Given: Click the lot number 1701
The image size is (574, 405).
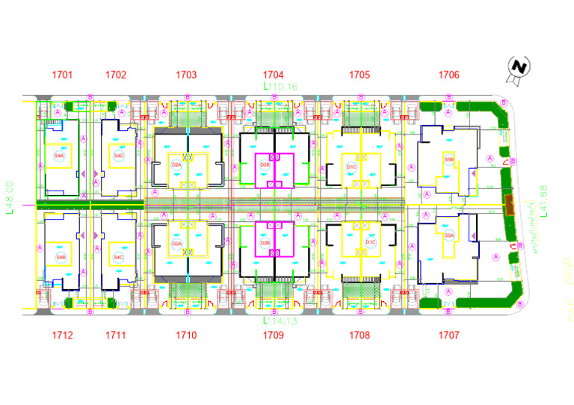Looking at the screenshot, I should click(63, 75).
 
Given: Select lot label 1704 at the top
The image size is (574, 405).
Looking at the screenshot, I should click(274, 75).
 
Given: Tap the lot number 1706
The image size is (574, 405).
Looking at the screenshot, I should click(449, 75).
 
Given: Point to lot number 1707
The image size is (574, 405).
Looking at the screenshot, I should click(449, 336).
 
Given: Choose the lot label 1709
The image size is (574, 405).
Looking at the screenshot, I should click(274, 336).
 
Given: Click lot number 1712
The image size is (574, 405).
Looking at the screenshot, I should click(63, 336).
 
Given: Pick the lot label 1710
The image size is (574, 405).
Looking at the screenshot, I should click(186, 336).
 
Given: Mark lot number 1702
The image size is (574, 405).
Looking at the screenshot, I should click(116, 75).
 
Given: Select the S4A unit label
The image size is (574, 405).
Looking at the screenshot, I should click(61, 155).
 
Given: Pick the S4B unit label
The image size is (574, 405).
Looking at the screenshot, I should click(61, 256).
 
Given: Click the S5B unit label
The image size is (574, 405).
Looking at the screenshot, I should click(449, 159).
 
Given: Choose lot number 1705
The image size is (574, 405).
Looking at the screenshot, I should click(359, 75).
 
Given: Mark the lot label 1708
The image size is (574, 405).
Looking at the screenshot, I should click(359, 336).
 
